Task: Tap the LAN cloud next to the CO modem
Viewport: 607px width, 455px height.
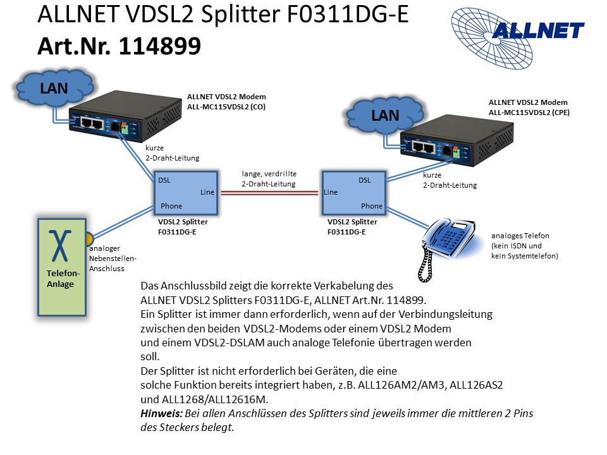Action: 54,88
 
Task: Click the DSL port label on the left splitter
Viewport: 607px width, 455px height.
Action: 164,180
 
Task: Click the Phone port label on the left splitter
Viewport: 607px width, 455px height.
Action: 171,206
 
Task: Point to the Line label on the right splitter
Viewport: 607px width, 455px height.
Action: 330,192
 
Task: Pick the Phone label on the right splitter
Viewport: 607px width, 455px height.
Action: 371,206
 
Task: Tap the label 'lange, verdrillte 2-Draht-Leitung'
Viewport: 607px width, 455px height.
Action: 269,178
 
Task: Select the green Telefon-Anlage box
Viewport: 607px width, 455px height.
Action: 61,267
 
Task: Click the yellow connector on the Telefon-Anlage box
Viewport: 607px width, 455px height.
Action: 89,239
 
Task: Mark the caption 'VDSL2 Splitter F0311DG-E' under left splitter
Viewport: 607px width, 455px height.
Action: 182,227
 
